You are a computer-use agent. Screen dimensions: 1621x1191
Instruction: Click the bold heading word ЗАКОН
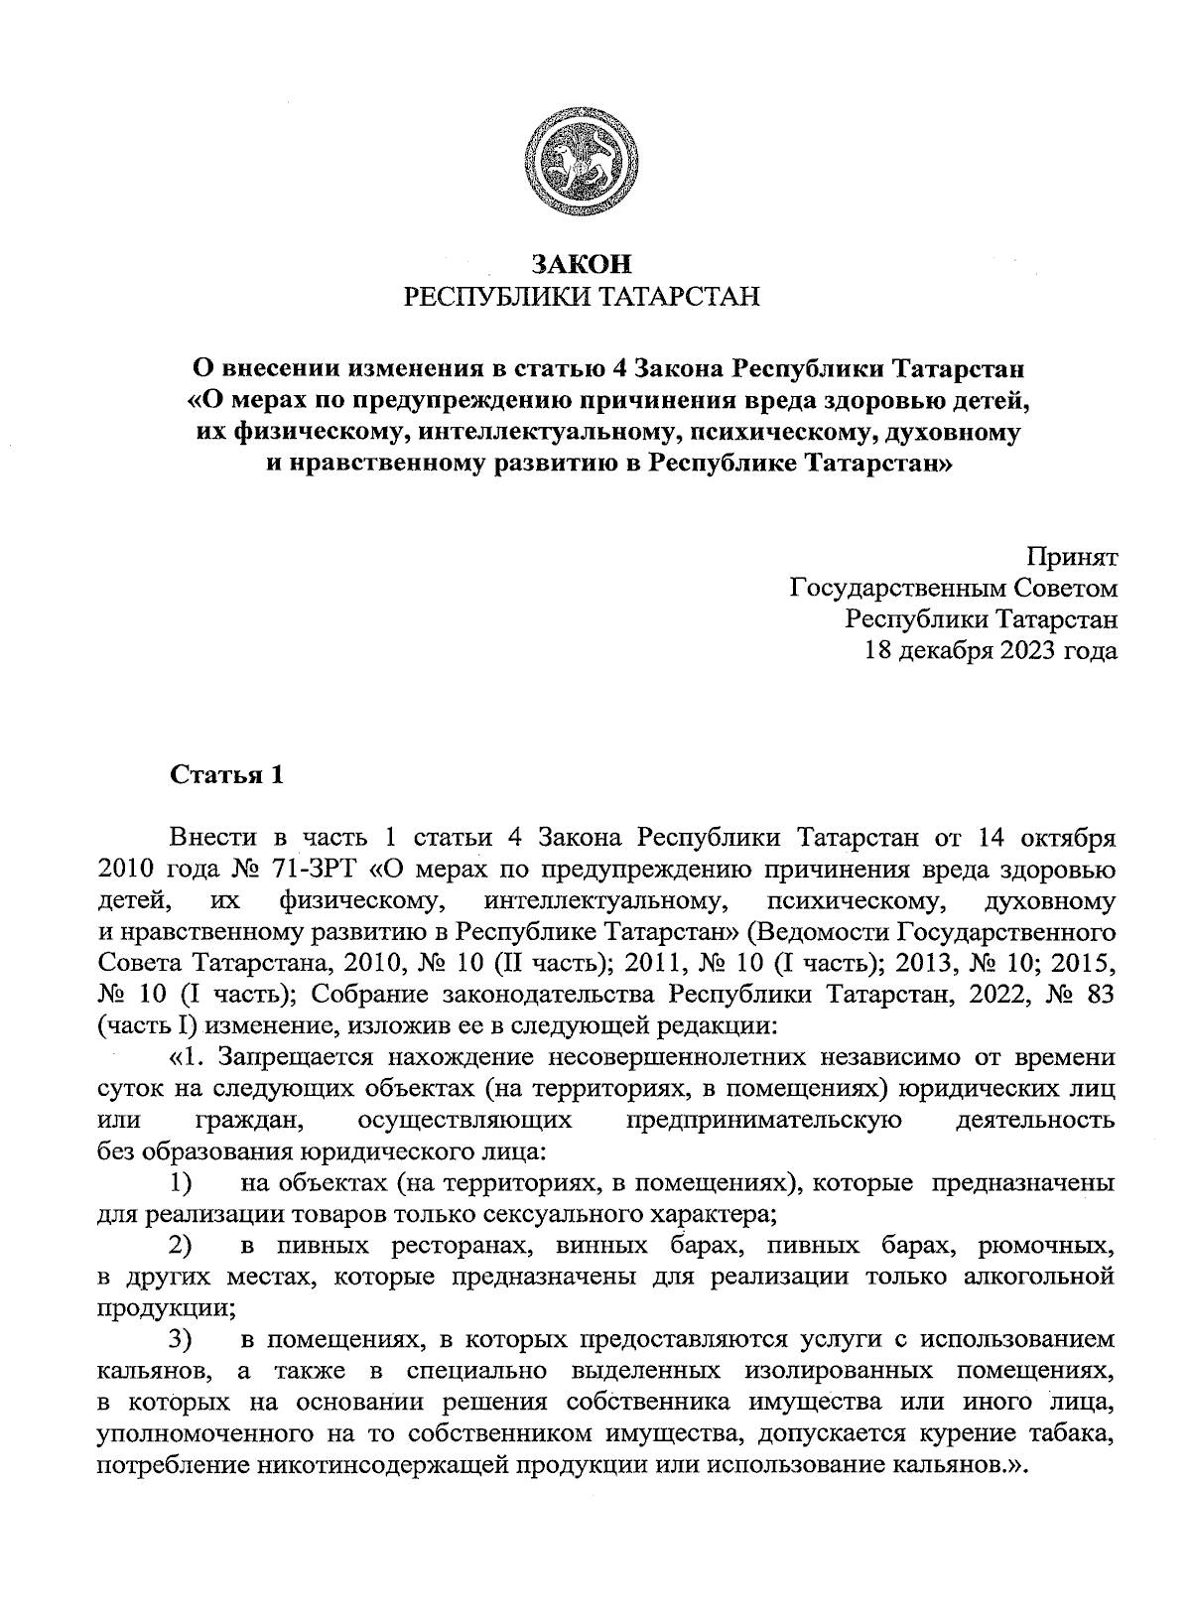[x=581, y=264]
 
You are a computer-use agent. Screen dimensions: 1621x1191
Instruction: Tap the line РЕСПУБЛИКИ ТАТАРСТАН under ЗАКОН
[x=581, y=296]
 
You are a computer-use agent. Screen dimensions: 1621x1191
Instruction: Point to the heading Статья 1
[x=227, y=775]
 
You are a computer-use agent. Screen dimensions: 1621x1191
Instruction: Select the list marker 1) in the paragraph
[x=180, y=1183]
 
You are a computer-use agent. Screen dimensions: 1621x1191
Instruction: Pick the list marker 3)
[x=180, y=1340]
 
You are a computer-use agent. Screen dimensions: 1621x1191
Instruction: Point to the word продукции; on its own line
[x=166, y=1307]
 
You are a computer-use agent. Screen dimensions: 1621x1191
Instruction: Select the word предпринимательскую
[x=764, y=1121]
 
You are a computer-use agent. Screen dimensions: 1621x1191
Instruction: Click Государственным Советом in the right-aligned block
[x=953, y=589]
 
